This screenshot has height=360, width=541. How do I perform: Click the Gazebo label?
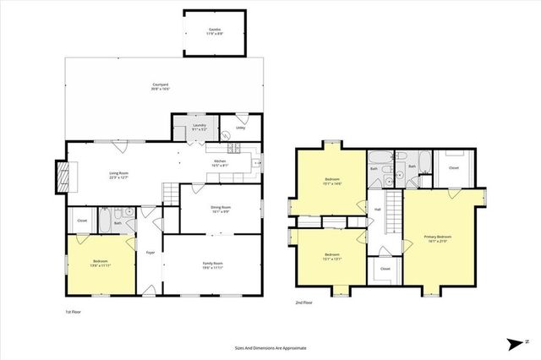pos(215,31)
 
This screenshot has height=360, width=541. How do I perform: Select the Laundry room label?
pos(199,128)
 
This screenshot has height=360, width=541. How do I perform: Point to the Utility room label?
pos(240,128)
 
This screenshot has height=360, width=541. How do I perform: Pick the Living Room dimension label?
pos(118,176)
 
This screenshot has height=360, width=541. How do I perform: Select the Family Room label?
pos(212,265)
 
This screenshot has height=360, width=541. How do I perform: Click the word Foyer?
pos(150,252)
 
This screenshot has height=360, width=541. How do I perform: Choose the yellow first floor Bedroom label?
pos(101,264)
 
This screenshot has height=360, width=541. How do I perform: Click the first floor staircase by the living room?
pos(170,194)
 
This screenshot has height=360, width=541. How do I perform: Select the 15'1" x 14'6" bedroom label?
pos(332,182)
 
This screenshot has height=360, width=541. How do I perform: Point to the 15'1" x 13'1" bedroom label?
pos(331,258)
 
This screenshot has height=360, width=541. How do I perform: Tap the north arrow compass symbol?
pos(514,343)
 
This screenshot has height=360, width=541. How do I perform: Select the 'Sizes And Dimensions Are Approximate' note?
pos(270,347)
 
